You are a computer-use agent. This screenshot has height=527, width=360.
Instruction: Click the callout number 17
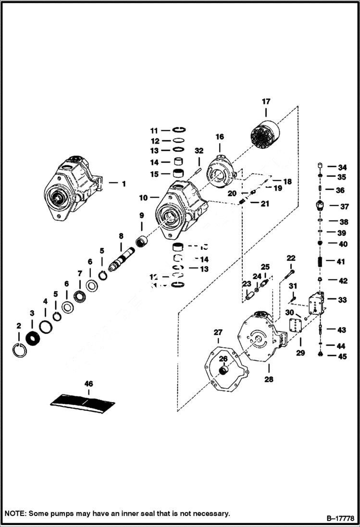coord(266,101)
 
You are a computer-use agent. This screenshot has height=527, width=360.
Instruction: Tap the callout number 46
coord(88,384)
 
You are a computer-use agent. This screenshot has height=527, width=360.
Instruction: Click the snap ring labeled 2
coord(20,350)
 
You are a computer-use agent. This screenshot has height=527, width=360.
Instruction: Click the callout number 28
coord(268,379)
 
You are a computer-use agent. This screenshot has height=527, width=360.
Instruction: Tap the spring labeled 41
coord(320,262)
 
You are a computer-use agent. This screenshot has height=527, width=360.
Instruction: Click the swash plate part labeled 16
coord(221,172)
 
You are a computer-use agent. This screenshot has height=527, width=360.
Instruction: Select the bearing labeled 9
coord(142,242)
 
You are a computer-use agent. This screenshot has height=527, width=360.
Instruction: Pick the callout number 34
coord(342,168)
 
